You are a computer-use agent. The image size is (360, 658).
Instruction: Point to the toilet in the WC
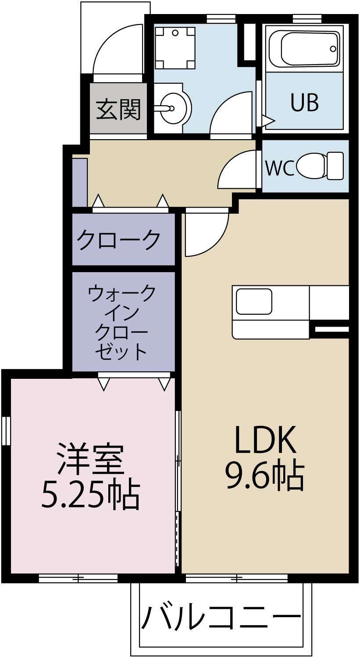(x=320, y=165)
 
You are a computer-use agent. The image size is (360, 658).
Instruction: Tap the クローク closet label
(x=119, y=240)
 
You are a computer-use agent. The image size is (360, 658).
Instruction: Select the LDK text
(x=265, y=440)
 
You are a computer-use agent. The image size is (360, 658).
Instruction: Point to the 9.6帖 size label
(x=264, y=475)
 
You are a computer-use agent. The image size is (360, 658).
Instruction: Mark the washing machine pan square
(x=175, y=47)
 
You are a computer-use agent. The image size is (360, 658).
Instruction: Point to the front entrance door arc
(x=114, y=46)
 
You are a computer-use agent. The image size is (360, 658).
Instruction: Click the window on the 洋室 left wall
(x=6, y=431)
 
